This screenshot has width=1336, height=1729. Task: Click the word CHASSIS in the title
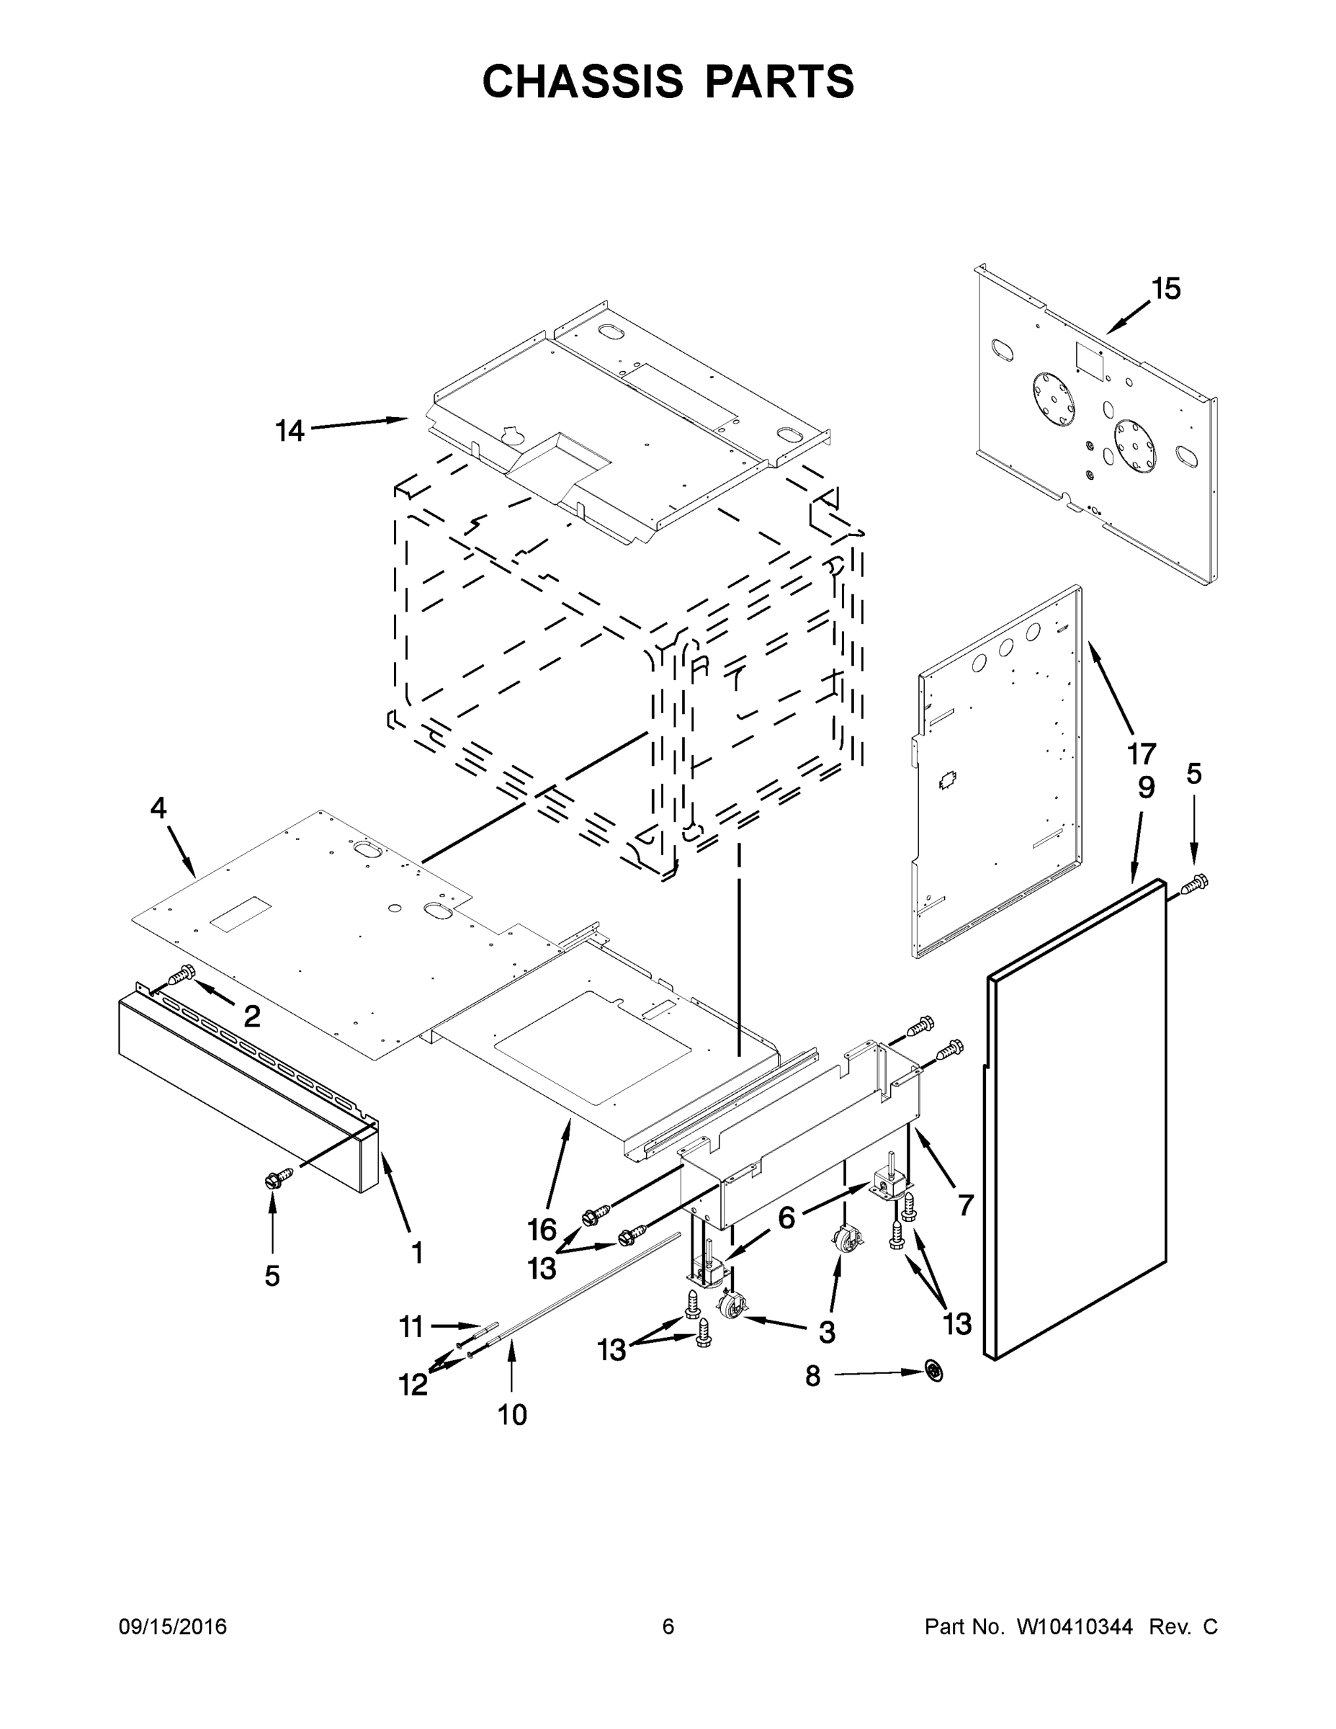[583, 81]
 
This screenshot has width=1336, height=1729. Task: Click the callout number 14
[290, 432]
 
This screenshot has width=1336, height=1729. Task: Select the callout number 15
[1166, 289]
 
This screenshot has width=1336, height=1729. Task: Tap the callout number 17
[1142, 754]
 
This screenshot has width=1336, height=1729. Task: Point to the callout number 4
[158, 808]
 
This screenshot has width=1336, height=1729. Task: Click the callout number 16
[542, 1230]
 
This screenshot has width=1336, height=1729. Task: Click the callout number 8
[813, 1377]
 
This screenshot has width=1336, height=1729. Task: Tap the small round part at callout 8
[934, 1371]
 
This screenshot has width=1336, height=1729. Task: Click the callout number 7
[965, 1205]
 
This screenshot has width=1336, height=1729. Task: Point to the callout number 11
[411, 1326]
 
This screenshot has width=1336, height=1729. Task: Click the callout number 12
[413, 1384]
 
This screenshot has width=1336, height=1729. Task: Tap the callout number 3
[826, 1332]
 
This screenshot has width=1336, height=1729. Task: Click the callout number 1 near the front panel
[416, 1252]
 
